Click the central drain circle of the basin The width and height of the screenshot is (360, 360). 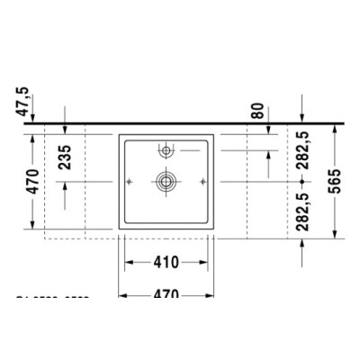coord(166,181)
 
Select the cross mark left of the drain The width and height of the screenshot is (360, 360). coord(131,181)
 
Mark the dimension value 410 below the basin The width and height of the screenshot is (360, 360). coord(166,263)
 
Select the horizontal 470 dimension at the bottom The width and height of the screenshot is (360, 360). coord(166,293)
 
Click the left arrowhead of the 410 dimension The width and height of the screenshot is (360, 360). coord(127,263)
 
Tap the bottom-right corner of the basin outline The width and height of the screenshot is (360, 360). coord(214,229)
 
